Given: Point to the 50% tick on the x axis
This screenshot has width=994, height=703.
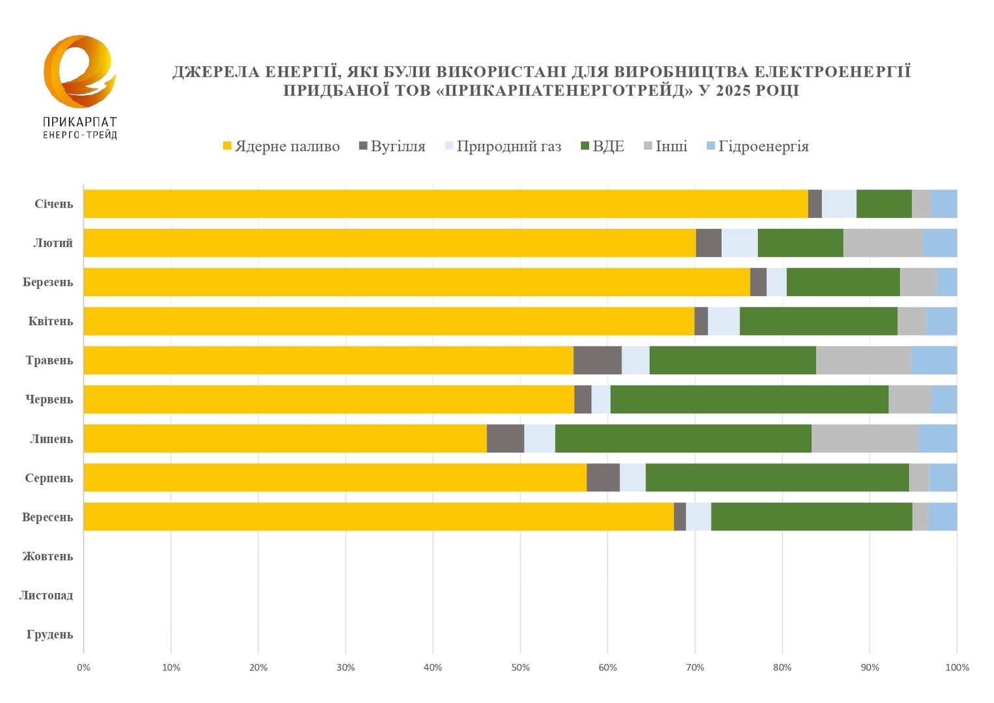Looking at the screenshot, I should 520,667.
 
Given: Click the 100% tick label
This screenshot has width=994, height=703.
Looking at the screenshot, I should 957,667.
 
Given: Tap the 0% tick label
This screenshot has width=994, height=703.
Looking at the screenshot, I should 83,667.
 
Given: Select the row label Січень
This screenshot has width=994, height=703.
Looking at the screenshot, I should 54,204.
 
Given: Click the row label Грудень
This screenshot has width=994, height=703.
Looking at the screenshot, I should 50,635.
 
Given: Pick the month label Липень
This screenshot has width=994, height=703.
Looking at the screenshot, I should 51,439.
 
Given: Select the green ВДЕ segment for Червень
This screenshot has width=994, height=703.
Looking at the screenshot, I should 749,400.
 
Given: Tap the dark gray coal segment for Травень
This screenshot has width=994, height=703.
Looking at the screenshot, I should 598,361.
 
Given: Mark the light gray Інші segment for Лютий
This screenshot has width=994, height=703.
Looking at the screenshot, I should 883,243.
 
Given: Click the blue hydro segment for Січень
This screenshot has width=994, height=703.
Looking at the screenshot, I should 944,204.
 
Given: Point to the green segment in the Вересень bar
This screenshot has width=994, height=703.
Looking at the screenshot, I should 811,517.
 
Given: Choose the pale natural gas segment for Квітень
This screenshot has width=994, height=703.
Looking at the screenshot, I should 723,322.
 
